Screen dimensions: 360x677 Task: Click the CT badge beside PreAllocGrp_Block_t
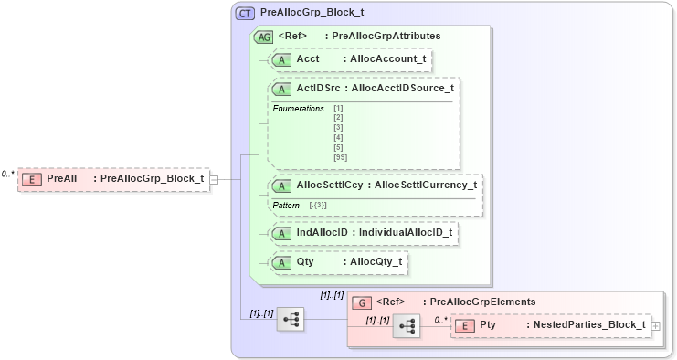(246, 14)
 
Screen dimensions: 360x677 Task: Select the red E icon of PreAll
(31, 178)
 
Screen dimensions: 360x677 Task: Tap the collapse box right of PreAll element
(213, 179)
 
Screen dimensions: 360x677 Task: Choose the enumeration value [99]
(341, 158)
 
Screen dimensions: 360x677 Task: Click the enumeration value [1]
(338, 109)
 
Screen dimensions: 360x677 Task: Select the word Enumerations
(298, 109)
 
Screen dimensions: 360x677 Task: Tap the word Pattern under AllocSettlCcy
(287, 205)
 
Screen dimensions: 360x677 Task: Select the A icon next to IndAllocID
(283, 233)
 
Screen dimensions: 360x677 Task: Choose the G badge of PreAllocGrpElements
(361, 302)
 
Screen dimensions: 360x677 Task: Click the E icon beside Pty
(463, 325)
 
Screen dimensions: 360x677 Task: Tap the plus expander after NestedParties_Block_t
(655, 326)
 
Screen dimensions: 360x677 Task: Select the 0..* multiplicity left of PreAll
(8, 173)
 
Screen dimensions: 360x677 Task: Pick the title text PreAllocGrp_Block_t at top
(312, 14)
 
